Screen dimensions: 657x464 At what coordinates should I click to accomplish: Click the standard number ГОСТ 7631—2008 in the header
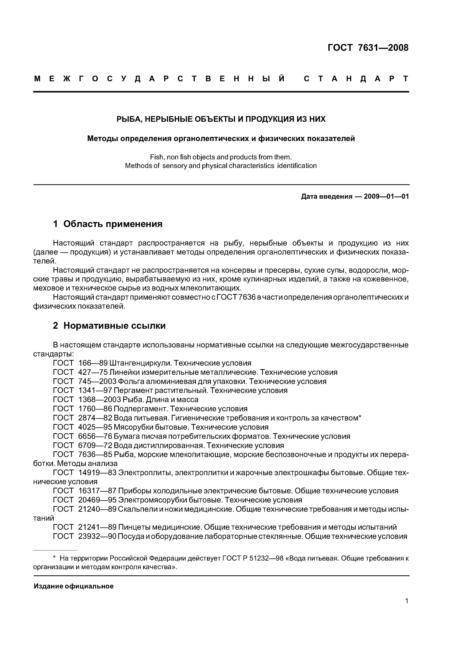368,48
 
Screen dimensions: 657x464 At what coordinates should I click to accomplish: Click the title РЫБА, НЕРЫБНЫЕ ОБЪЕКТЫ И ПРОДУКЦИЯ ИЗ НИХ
221,119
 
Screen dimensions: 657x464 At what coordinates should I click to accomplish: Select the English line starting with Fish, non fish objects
221,157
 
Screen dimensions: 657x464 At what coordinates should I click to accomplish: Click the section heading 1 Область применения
108,224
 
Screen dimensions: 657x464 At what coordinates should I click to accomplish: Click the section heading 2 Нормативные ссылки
109,326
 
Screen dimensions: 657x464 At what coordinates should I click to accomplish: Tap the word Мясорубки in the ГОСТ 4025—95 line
133,427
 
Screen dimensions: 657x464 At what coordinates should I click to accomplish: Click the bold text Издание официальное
74,586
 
